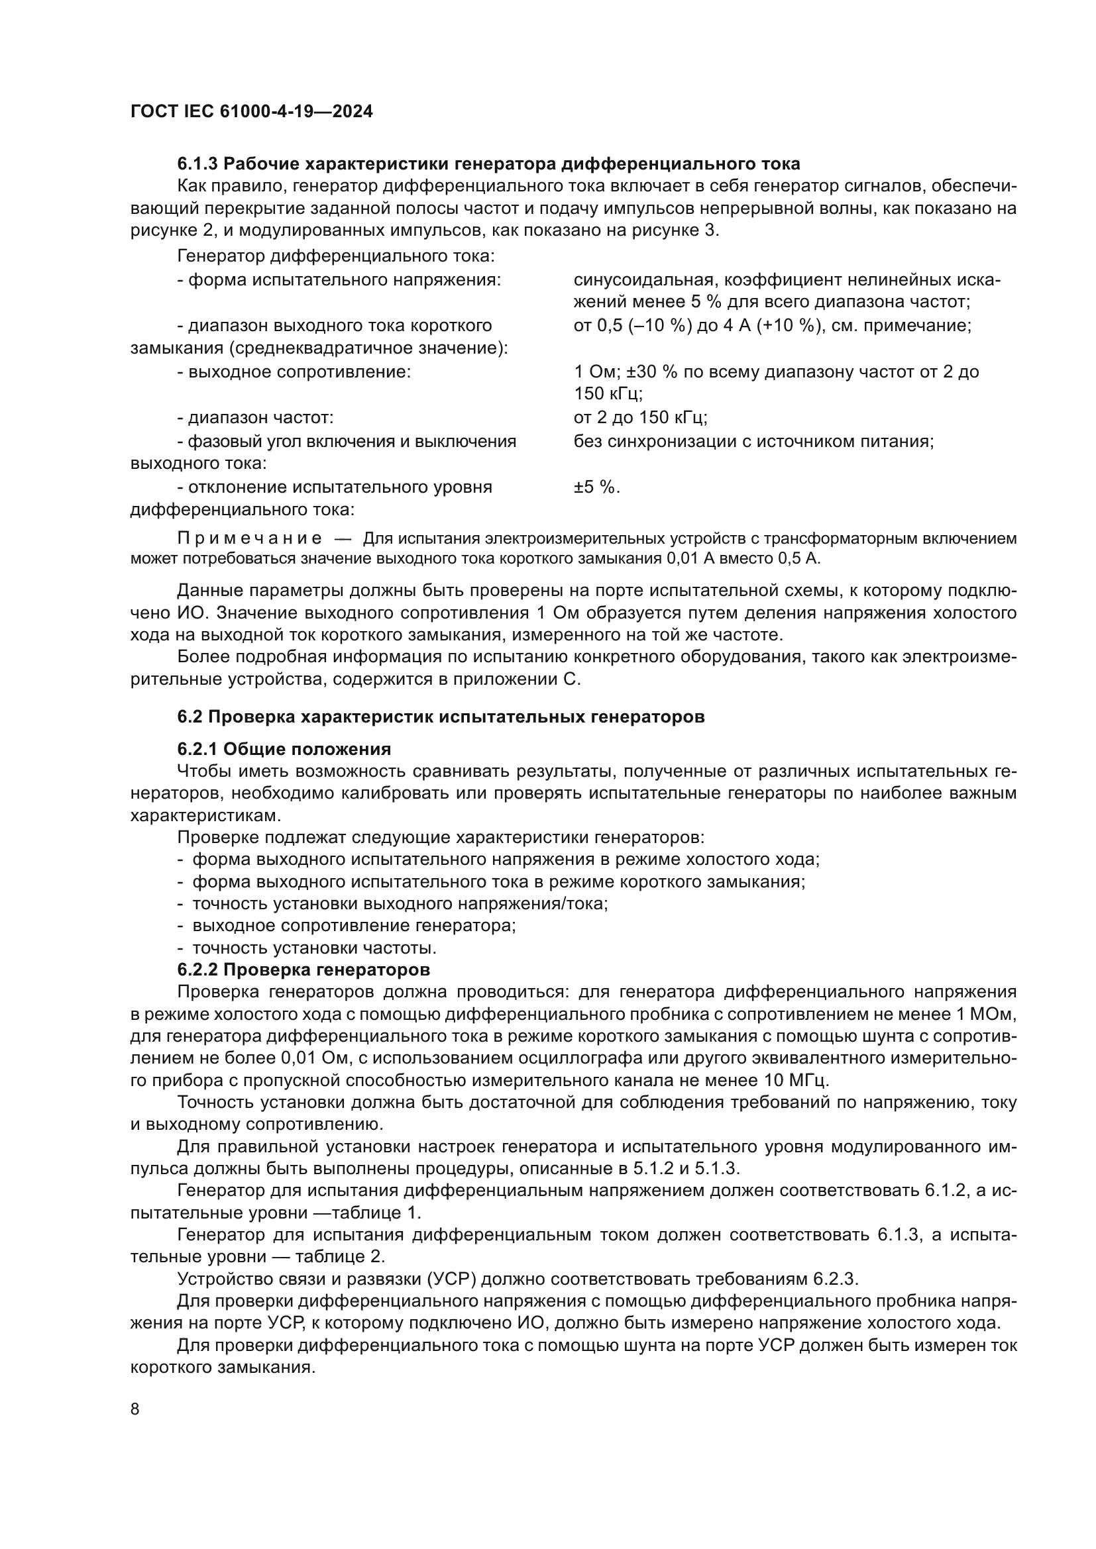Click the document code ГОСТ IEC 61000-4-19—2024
(x=251, y=111)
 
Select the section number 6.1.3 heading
(x=197, y=164)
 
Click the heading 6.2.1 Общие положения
(x=284, y=749)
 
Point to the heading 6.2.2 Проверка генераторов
(x=303, y=970)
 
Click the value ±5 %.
(x=596, y=487)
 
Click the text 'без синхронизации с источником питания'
(x=753, y=442)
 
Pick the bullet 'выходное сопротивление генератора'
(x=354, y=926)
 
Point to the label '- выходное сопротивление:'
(x=294, y=372)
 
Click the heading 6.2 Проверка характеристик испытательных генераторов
(x=441, y=717)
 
